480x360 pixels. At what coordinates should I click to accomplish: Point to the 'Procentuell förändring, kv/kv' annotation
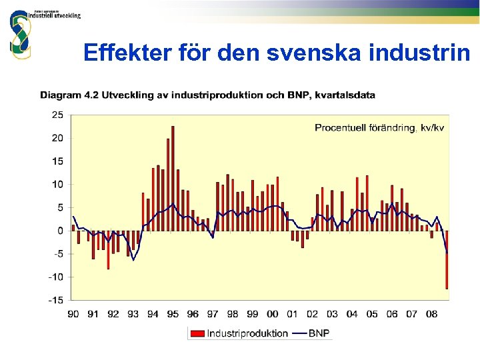click(379, 128)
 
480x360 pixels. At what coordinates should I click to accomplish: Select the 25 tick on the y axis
click(57, 115)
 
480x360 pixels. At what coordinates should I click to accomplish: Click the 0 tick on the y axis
click(60, 231)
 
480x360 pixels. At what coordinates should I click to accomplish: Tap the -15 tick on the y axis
click(56, 300)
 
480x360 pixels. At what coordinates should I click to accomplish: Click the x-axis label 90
click(73, 314)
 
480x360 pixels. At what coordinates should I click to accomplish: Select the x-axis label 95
click(173, 314)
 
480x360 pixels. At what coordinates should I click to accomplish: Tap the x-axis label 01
click(292, 314)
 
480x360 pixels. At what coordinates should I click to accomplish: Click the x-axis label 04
click(351, 314)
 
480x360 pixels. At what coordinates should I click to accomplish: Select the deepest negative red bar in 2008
click(447, 260)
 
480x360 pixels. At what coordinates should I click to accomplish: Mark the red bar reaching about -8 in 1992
click(108, 250)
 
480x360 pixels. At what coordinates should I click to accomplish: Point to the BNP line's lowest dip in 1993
click(133, 259)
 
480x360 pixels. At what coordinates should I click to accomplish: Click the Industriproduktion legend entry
click(240, 333)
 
